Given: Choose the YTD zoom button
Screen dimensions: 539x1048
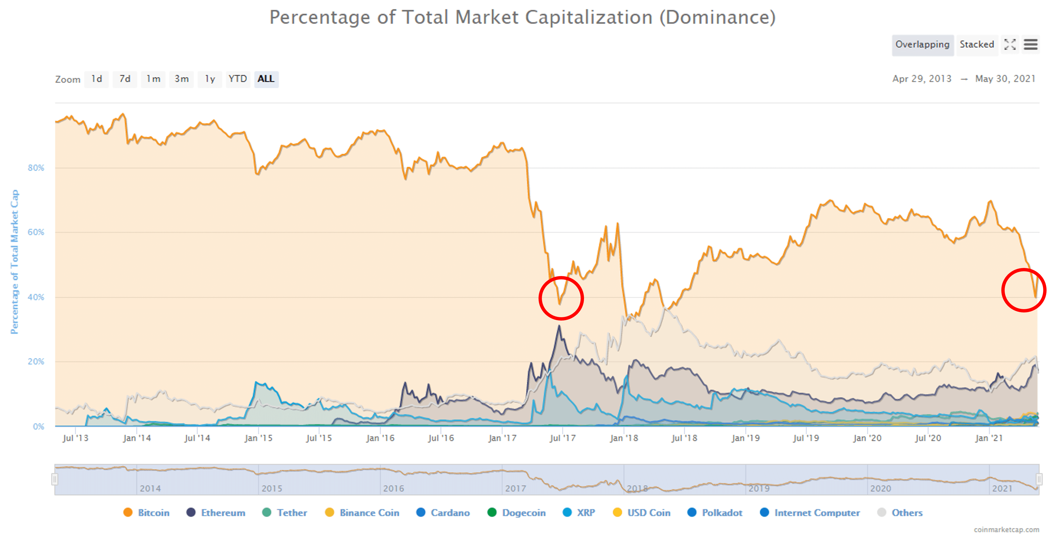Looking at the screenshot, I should pos(238,79).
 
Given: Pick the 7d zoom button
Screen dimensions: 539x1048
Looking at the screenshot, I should pos(125,79).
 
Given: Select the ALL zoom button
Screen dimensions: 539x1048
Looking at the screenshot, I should pos(266,79).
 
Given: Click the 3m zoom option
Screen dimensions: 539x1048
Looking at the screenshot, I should pos(181,79).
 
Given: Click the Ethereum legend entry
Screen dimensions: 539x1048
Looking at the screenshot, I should pos(223,513).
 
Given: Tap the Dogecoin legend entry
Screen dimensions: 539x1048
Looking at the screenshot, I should pos(524,513).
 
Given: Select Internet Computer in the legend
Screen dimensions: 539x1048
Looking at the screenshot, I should pos(817,513).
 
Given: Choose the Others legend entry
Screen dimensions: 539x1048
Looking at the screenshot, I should pos(907,513).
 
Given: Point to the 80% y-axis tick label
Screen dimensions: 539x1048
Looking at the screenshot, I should pos(36,168).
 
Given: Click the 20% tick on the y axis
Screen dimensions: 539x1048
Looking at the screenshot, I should pos(36,362).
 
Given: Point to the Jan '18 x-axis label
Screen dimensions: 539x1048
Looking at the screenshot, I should pos(624,438).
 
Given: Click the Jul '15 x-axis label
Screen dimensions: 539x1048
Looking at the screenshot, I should pos(319,438).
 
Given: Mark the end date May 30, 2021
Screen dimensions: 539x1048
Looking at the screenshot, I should pos(1005,79).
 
